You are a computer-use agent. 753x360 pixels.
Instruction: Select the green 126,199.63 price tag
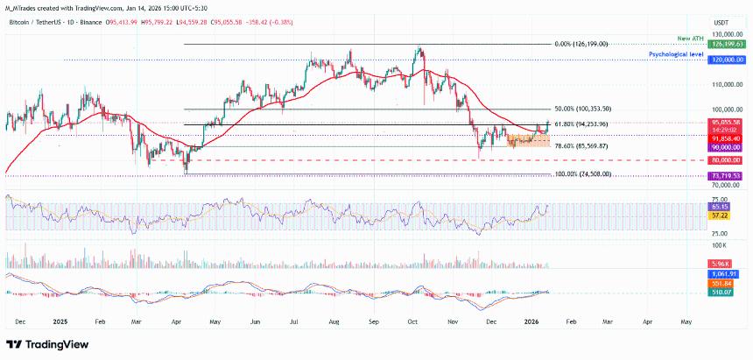(727, 44)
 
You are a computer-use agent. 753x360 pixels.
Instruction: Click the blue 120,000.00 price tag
(727, 60)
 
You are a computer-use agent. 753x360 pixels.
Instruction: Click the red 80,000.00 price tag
(727, 160)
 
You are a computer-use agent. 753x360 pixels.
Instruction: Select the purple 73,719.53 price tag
(727, 175)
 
